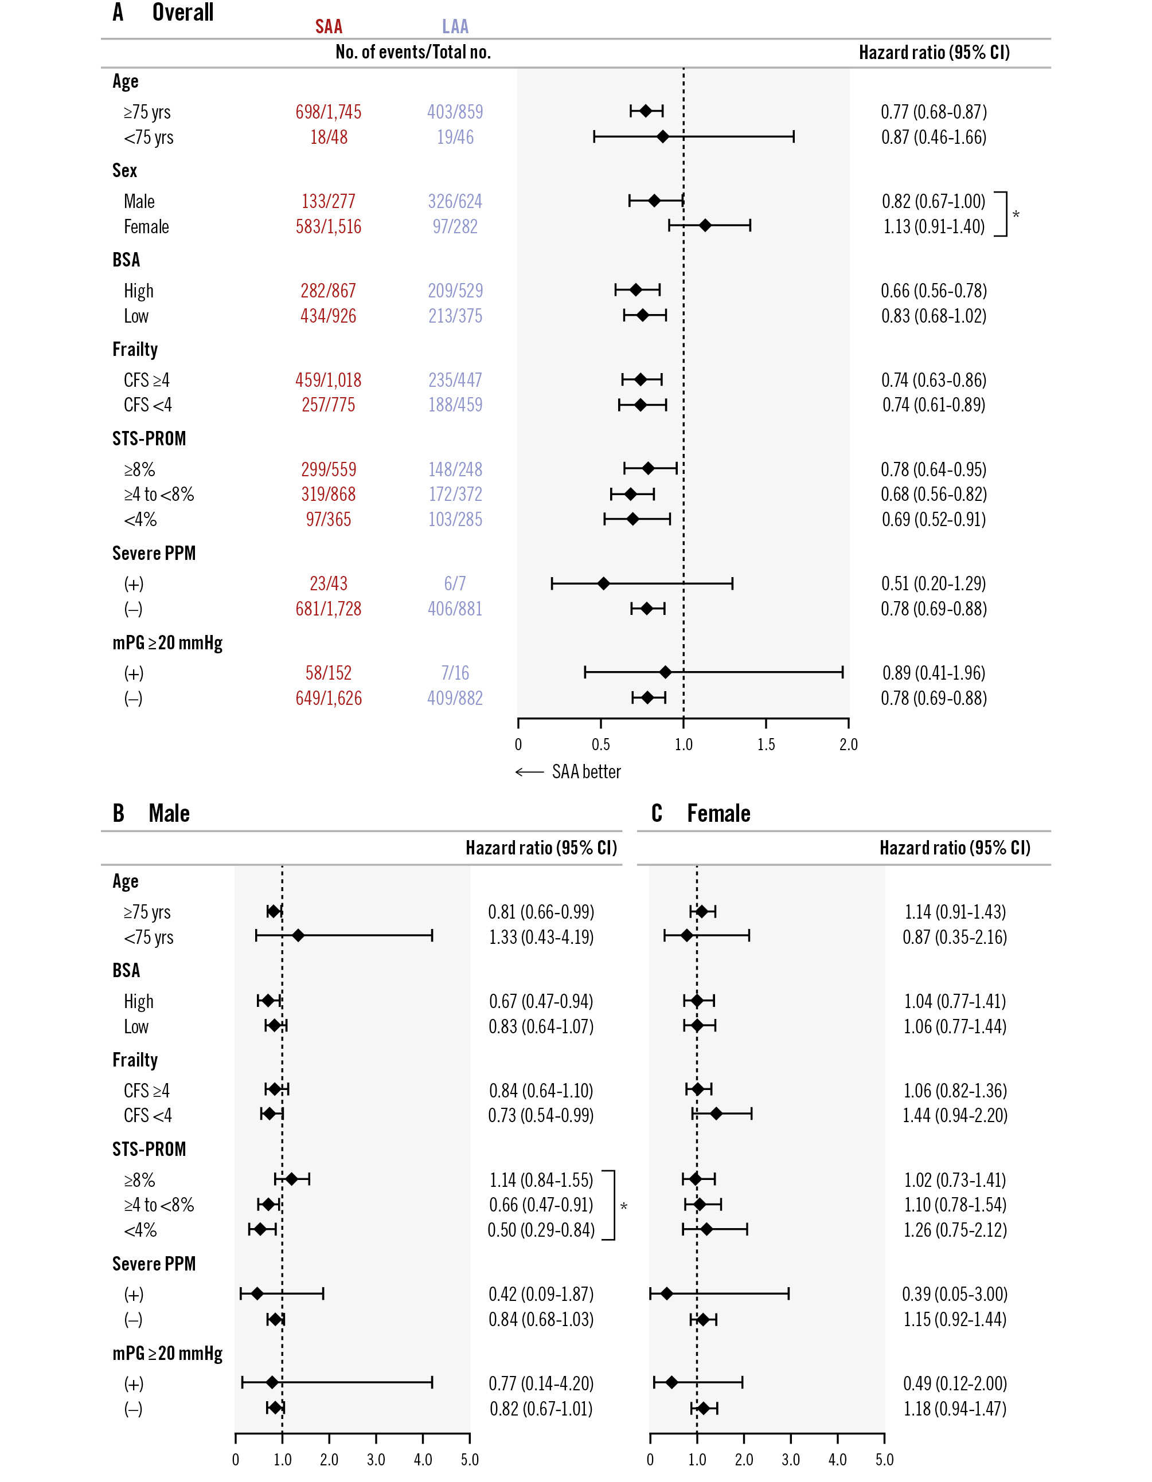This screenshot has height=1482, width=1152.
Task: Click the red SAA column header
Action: click(x=329, y=26)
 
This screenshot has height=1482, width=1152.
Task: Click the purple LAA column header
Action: click(x=455, y=26)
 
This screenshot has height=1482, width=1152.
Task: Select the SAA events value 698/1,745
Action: click(x=328, y=112)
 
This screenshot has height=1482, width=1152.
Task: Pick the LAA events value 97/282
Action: click(x=455, y=226)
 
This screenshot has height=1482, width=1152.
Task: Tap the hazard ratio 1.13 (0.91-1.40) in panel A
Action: click(x=934, y=226)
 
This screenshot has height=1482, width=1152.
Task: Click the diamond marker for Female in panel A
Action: click(x=705, y=225)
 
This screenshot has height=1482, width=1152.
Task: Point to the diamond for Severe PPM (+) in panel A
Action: click(x=603, y=583)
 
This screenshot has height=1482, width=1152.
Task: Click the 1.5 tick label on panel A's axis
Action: click(x=766, y=744)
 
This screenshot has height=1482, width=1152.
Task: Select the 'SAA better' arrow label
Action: click(x=568, y=772)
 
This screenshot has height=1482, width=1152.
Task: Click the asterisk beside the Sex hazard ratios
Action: click(x=1016, y=215)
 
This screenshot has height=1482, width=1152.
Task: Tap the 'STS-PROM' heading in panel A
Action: click(x=149, y=439)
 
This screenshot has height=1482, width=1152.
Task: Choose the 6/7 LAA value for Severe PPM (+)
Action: click(x=455, y=583)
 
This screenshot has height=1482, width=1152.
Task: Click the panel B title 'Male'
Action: click(x=169, y=813)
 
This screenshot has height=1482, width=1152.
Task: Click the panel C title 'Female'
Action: click(x=718, y=813)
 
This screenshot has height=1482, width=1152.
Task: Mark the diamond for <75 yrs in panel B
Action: click(x=298, y=936)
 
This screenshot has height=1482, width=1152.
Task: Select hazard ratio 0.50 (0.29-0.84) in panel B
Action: click(x=541, y=1230)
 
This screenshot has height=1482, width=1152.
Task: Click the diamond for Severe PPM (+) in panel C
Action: click(x=667, y=1293)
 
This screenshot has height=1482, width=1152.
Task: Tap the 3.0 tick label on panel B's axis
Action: click(x=376, y=1460)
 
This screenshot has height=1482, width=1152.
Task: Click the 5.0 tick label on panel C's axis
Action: click(x=884, y=1460)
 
